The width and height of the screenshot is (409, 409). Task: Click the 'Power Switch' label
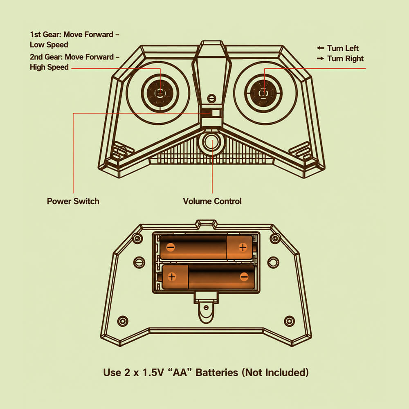[73, 201]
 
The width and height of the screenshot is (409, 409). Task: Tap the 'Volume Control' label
[212, 201]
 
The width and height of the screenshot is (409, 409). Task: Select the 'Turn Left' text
[343, 48]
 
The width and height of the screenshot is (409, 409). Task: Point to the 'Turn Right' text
[345, 58]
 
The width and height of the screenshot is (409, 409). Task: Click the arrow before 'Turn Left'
[320, 48]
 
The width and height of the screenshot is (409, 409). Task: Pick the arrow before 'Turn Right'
[320, 58]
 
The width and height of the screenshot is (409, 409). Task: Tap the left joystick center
[160, 93]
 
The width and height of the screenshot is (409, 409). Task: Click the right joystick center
[263, 93]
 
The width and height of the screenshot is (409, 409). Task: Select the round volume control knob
[212, 142]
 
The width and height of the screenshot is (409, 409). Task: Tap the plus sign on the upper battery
[243, 247]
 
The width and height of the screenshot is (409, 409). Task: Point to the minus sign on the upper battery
[171, 247]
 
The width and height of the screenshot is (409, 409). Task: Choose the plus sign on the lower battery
[172, 276]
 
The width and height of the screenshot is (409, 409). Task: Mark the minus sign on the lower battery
[244, 276]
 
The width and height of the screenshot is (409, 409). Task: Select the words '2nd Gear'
[46, 57]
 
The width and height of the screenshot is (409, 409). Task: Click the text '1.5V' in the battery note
[153, 373]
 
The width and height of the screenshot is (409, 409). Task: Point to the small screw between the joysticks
[211, 98]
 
